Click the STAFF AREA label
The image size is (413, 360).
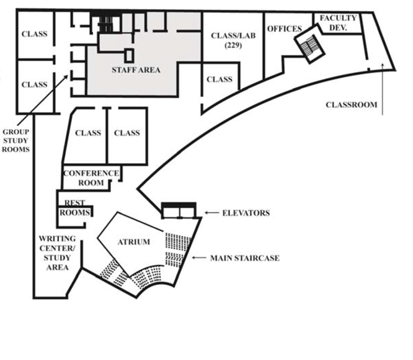coord(135,70)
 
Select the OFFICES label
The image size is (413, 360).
coord(284,29)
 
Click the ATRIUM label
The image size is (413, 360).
coord(133,241)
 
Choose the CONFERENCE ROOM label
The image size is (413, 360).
coord(91,178)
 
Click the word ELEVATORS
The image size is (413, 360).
coord(246,213)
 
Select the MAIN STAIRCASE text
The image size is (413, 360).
coord(244,258)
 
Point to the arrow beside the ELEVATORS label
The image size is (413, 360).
coord(211,213)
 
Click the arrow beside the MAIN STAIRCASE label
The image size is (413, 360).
coord(198,258)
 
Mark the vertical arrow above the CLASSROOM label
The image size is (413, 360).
coord(384,87)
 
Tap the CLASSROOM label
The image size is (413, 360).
coord(351,105)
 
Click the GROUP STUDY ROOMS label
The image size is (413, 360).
coord(16,141)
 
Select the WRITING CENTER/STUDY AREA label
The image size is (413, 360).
coord(57,253)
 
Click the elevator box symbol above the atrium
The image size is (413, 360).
coord(179,211)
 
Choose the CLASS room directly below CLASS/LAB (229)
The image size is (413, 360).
coord(219,79)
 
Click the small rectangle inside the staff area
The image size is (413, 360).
coord(129,55)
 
